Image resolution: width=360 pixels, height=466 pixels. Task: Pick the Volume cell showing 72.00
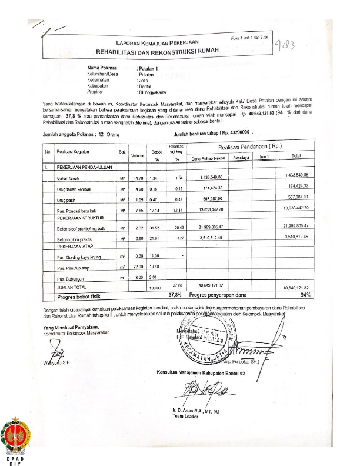click(x=139, y=267)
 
